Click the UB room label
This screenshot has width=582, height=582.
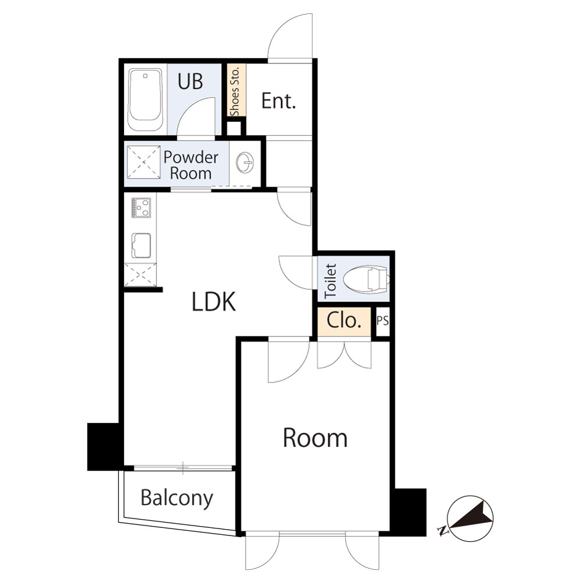(190, 81)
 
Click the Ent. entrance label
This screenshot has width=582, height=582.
(278, 101)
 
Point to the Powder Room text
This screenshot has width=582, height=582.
(191, 165)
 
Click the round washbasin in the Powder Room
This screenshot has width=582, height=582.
(244, 162)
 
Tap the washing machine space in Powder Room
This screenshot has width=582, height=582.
(144, 162)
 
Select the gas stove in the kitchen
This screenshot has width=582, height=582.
(141, 208)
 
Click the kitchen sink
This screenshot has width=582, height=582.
(141, 246)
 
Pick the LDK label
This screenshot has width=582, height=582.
(214, 301)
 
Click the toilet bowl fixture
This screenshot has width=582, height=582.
(366, 280)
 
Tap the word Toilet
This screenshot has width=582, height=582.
(330, 281)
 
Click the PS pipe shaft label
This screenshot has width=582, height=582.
(383, 320)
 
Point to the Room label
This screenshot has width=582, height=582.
(315, 438)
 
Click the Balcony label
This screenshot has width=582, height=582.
(177, 498)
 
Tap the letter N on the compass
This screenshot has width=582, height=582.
(442, 531)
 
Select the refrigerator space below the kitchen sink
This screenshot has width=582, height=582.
(140, 275)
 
